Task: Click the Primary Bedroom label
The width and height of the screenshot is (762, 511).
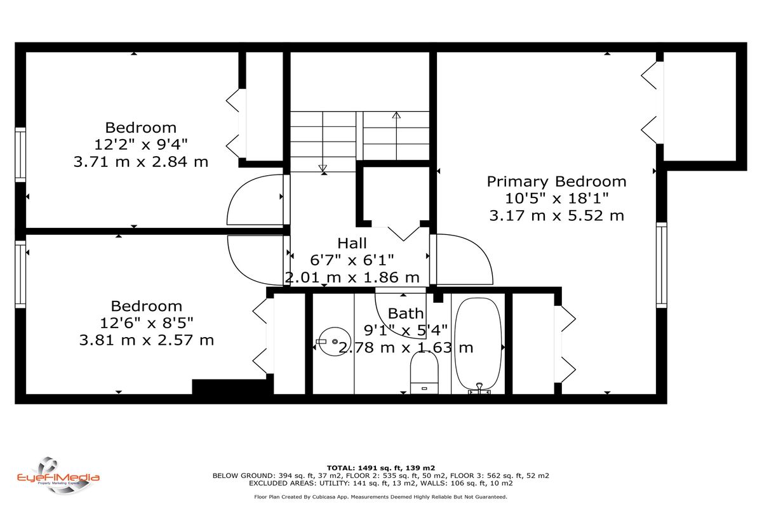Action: click(556, 182)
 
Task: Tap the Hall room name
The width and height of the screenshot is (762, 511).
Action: click(352, 243)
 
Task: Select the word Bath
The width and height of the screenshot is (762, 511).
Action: click(406, 313)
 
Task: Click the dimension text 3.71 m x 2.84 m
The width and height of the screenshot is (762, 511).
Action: click(141, 161)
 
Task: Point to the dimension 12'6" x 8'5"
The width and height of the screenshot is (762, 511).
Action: click(147, 322)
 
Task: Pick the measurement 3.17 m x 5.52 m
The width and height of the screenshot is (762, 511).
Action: click(556, 216)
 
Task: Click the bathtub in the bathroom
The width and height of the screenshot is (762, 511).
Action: click(478, 345)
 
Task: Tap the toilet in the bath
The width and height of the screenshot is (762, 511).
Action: click(424, 373)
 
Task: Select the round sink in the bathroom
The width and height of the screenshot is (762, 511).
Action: click(334, 342)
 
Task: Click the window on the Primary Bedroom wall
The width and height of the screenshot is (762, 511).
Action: click(661, 265)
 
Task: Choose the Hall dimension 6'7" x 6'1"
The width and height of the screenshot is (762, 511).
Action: click(352, 260)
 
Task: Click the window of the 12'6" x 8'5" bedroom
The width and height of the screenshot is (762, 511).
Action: click(20, 274)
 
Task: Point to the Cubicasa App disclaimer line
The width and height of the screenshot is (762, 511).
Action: click(380, 497)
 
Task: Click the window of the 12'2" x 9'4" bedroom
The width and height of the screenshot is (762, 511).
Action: click(20, 155)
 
